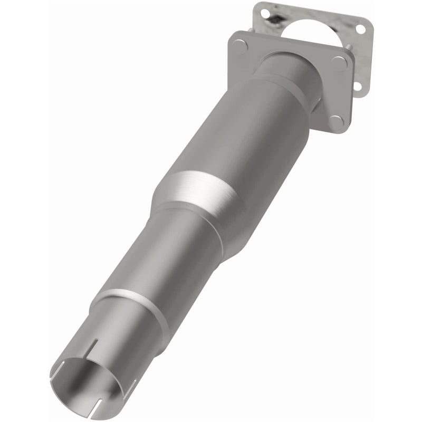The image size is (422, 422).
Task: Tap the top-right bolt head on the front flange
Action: click(x=339, y=62)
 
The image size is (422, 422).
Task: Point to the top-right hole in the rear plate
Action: click(x=360, y=29)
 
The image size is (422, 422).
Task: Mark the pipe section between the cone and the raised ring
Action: click(x=158, y=253)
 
